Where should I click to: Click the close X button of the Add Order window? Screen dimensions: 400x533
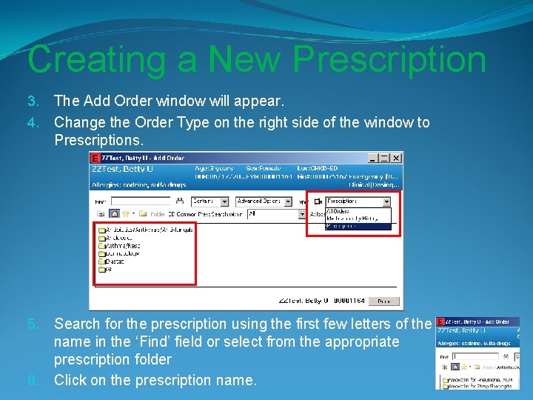tap(397, 158)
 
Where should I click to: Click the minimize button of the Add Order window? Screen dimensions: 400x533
tap(374, 158)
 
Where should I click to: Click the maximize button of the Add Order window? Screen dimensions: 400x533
tap(385, 158)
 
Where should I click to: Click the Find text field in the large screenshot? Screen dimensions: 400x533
tap(147, 201)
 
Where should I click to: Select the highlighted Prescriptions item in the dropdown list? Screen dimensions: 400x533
tap(357, 226)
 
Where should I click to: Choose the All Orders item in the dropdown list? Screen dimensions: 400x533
tap(341, 210)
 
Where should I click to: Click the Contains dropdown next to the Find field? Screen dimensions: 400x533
tap(210, 201)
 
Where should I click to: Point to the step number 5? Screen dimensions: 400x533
tap(33, 324)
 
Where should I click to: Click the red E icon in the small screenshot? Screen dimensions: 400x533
tap(440, 321)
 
